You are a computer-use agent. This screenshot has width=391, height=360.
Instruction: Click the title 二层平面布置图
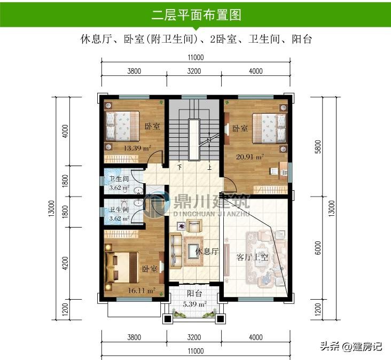(x=196, y=15)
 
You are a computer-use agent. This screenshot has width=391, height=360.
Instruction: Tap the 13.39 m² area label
(x=137, y=148)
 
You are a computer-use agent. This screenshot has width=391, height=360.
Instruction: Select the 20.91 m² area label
(x=250, y=157)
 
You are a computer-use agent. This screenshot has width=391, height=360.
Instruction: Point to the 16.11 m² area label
(x=142, y=290)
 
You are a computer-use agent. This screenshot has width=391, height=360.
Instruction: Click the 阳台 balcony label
(x=194, y=293)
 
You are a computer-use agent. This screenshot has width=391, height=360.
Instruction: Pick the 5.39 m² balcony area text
(x=195, y=304)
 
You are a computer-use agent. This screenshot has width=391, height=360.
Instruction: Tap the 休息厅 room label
(x=207, y=251)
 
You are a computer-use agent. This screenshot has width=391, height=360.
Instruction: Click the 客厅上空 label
(x=252, y=257)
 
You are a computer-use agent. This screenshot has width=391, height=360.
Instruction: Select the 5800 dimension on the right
(x=318, y=146)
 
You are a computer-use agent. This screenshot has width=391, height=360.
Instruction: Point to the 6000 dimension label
(x=318, y=248)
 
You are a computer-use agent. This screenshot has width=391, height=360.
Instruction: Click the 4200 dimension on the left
(x=65, y=263)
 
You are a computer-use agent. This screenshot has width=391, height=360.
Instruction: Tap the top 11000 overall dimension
(x=195, y=58)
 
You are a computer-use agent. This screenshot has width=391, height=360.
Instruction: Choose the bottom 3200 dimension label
(x=194, y=338)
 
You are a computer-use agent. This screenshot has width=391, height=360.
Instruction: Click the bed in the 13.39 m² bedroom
(x=122, y=126)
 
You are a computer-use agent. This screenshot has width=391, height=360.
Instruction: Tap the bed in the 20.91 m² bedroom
(x=269, y=129)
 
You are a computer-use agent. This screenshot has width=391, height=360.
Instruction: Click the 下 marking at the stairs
(x=179, y=167)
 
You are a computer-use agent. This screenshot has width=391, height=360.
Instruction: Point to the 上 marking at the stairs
(x=209, y=167)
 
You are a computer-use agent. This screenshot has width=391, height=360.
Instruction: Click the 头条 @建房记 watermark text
(x=351, y=346)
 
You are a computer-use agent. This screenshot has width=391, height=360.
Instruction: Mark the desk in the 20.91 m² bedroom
(x=283, y=170)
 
